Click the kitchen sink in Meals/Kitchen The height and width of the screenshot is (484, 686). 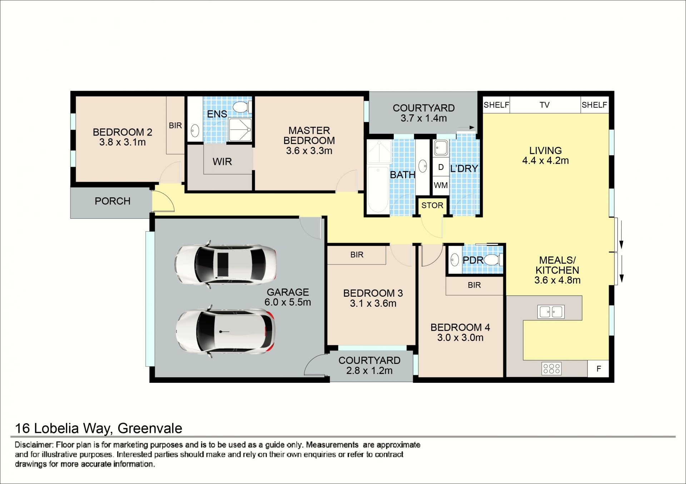pos(551,312)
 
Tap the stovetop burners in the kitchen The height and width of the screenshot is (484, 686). pos(552,369)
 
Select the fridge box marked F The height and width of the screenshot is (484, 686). pos(598,369)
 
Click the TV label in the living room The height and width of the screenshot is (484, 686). pos(545,105)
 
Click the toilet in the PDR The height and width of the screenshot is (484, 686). pos(493,260)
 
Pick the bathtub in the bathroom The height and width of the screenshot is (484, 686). pos(378,190)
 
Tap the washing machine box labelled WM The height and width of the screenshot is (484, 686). pos(441,186)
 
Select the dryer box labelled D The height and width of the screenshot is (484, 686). pos(441,167)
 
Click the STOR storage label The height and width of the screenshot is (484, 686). pos(432,206)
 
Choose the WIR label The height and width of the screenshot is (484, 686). pos(222,162)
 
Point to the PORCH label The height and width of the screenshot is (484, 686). pos(113,201)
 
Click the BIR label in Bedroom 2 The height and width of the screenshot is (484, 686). pos(175,125)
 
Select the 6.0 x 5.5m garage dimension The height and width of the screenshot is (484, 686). pos(288,302)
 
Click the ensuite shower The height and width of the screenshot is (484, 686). pos(240,130)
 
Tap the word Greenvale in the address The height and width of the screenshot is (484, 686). pos(150,428)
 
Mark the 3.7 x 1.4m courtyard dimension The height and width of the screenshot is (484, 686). pos(424,118)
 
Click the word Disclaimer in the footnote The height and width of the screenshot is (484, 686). pos(34,445)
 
